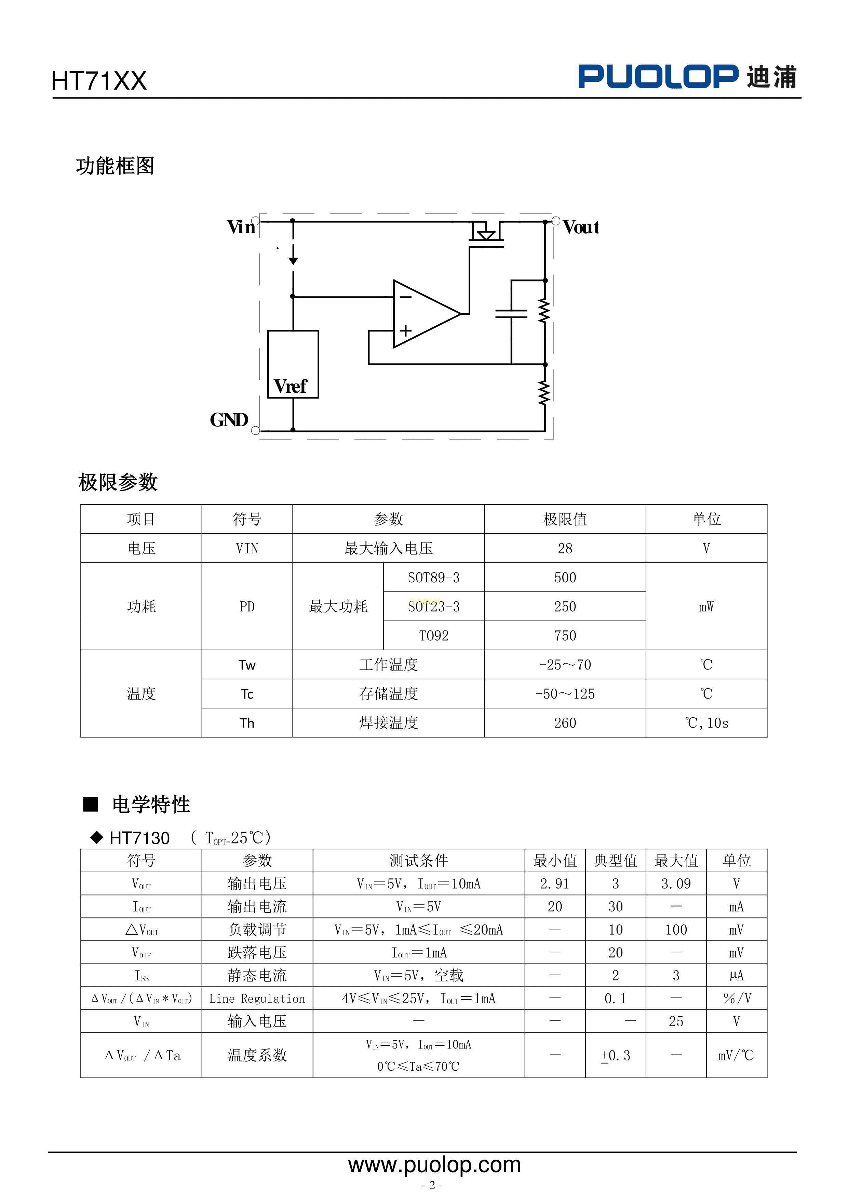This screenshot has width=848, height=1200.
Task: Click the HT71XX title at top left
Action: [99, 81]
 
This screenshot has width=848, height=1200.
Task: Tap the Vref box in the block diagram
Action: [293, 364]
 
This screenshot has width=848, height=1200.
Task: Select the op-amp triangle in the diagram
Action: [423, 314]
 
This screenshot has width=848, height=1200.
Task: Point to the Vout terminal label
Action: [581, 227]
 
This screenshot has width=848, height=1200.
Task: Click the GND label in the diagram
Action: [229, 420]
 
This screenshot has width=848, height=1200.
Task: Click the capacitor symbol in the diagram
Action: [511, 314]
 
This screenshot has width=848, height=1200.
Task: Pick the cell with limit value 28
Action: [565, 548]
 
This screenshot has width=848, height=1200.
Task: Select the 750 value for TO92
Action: [565, 636]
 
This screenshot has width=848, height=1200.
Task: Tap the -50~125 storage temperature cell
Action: [565, 694]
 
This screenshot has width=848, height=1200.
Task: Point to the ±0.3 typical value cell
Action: [615, 1056]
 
